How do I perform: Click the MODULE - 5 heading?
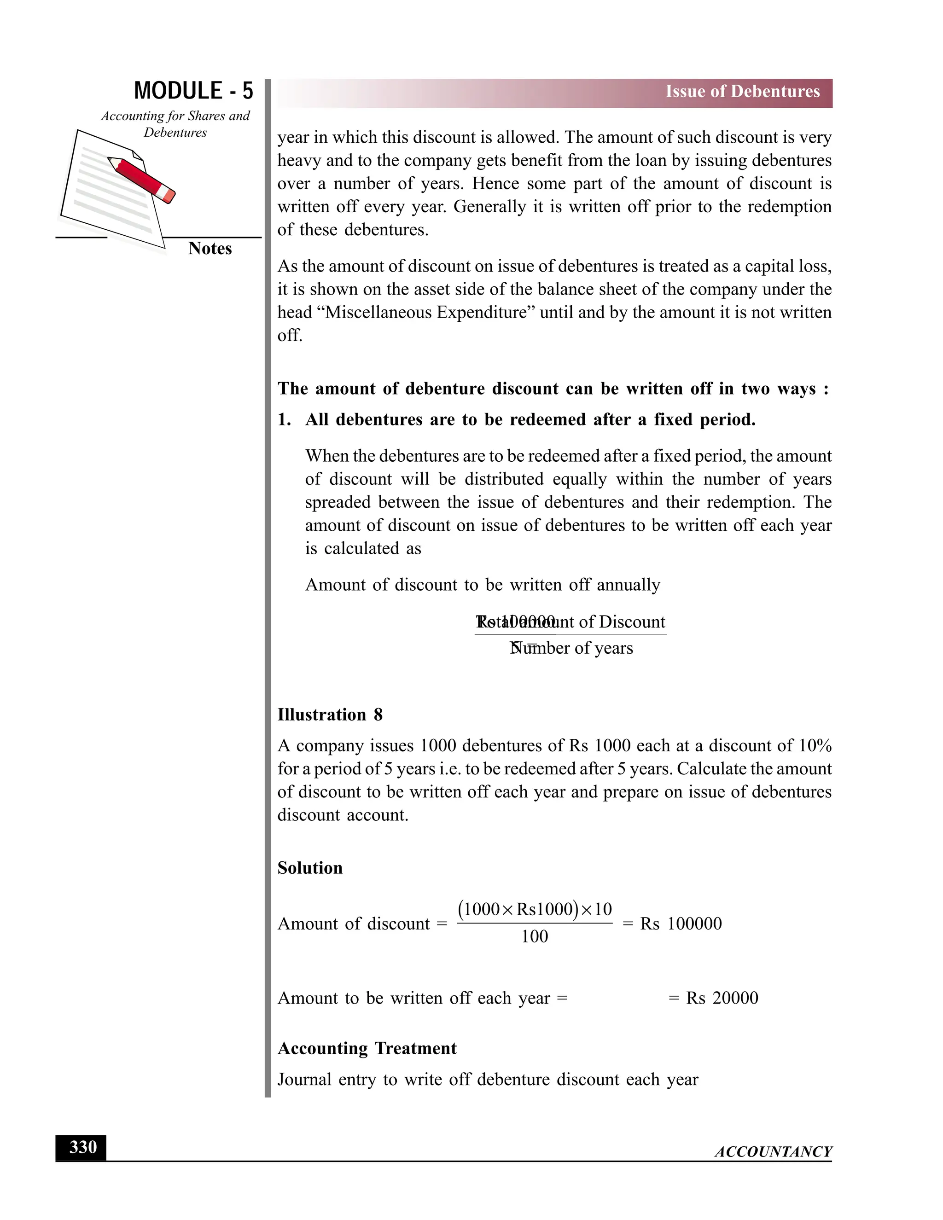[193, 91]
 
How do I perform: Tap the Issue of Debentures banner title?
[742, 92]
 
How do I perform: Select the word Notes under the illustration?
[210, 249]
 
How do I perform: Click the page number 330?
[81, 1147]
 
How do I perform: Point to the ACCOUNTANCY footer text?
[773, 1152]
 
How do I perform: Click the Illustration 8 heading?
[330, 715]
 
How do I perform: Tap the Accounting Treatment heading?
[367, 1048]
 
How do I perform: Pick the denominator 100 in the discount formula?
[534, 937]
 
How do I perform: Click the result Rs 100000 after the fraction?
[681, 924]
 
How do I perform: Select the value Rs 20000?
[722, 998]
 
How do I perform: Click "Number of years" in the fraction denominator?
[572, 649]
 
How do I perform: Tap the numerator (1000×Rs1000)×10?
[535, 909]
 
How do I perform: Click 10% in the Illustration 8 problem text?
[815, 746]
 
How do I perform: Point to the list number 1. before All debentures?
[285, 419]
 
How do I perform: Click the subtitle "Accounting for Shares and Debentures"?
[175, 124]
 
